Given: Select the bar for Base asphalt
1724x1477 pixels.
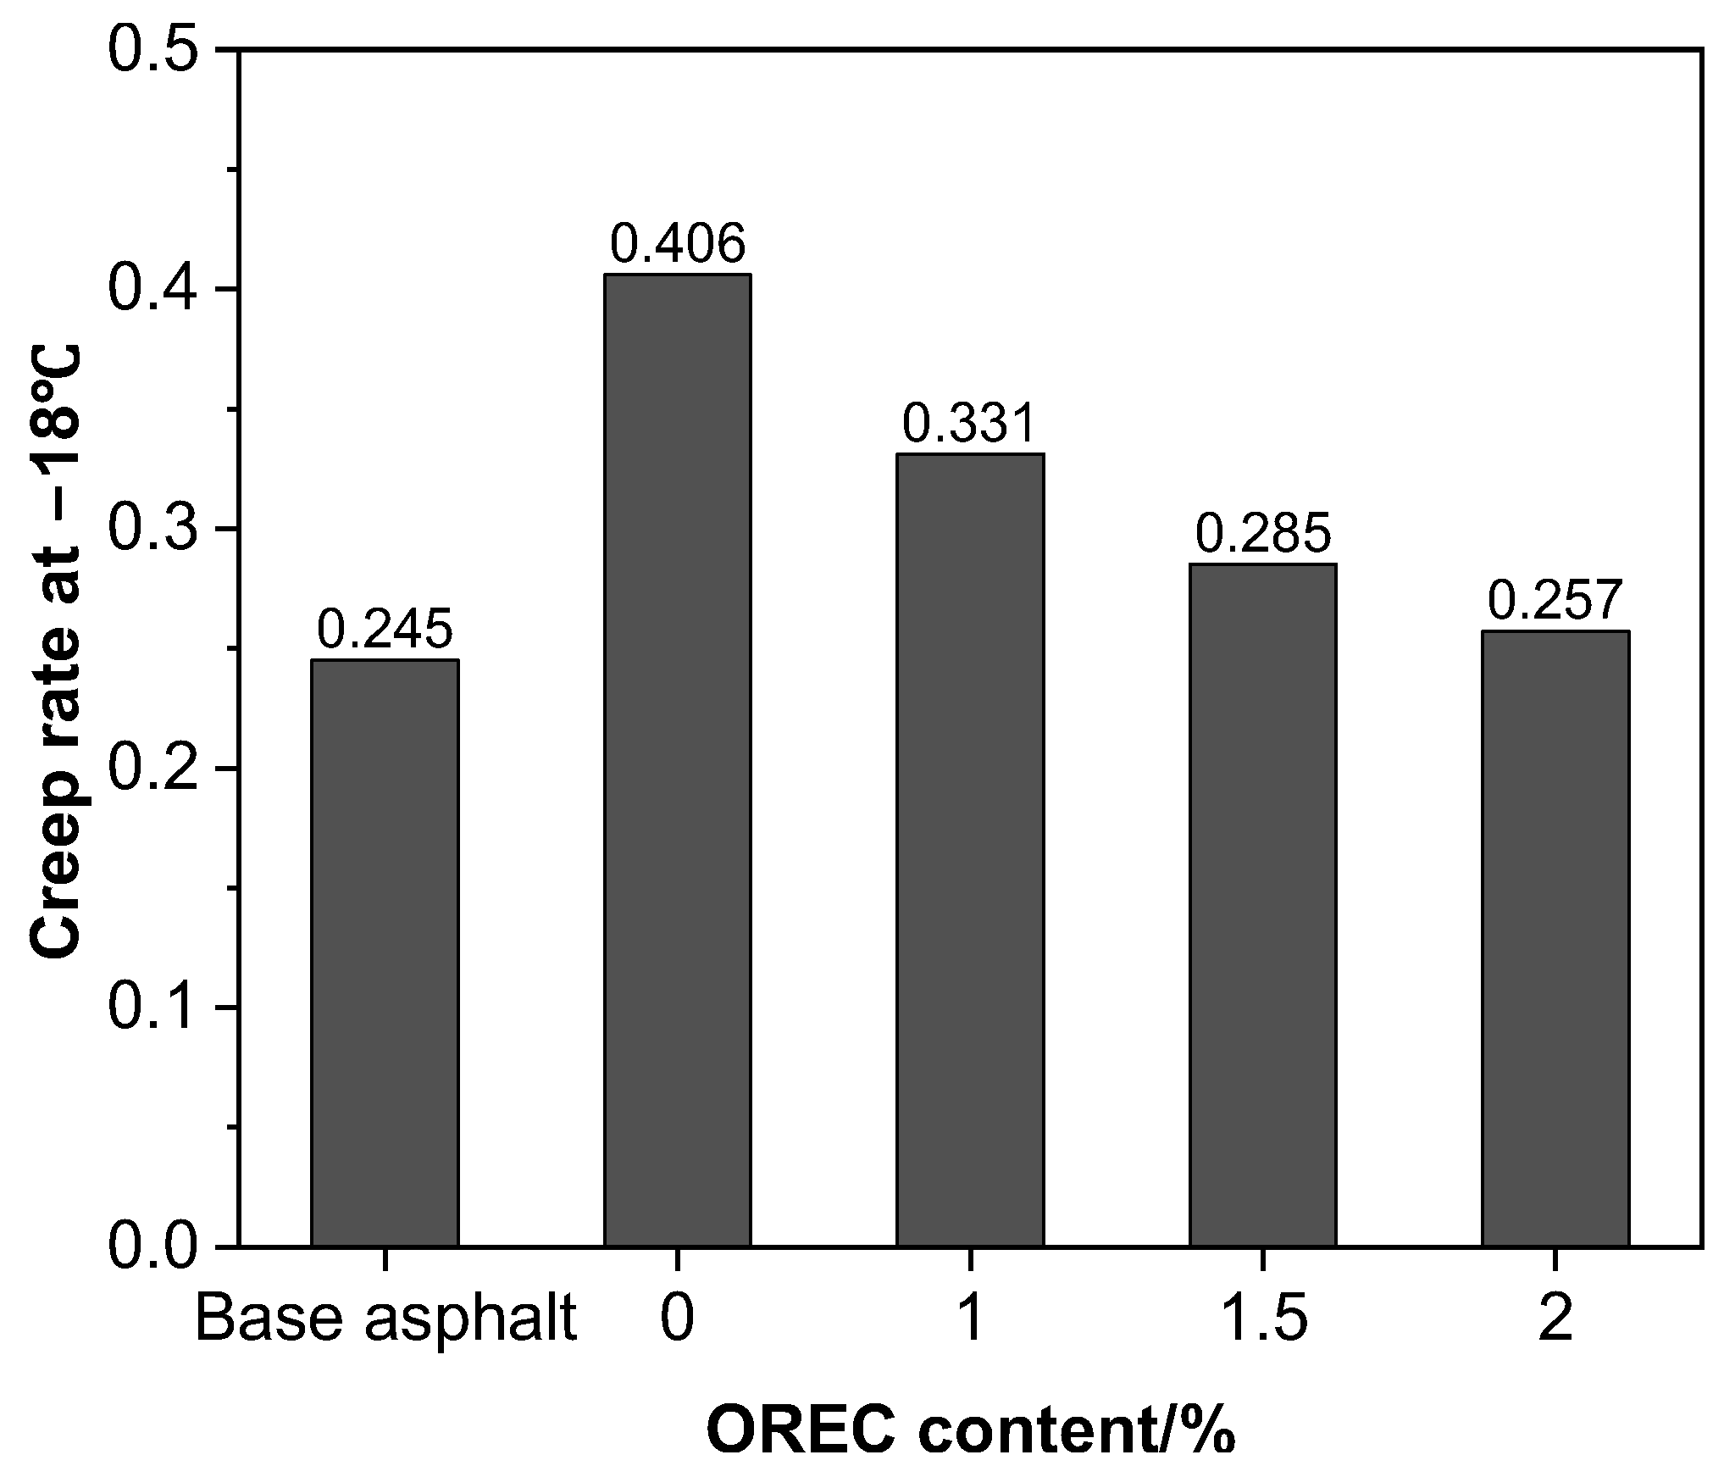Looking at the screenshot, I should pos(385,952).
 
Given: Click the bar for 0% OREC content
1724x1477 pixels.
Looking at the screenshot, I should pos(677,760).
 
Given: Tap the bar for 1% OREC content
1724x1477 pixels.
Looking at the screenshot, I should pos(970,850).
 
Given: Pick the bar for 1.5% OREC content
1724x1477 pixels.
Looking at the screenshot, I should pos(1262,905).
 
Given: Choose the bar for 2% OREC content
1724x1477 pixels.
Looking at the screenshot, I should pos(1555,938).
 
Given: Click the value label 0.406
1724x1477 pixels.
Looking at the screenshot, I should pos(677,244).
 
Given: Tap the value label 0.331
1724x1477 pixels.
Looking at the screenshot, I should pos(970,424).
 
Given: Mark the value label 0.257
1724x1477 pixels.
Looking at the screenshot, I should pos(1555,601).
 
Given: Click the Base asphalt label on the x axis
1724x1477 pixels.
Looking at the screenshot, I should pos(385,1320).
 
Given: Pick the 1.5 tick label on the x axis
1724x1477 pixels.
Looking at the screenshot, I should pos(1262,1320).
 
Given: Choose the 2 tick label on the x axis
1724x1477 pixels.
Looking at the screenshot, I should pos(1555,1320).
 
